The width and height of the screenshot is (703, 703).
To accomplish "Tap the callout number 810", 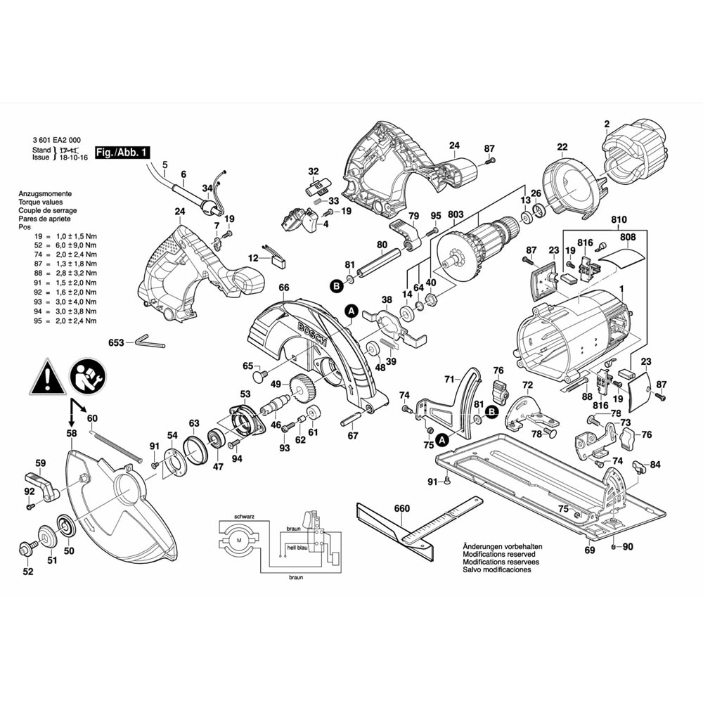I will click(x=619, y=220).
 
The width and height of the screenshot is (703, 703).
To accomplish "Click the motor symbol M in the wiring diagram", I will click(x=238, y=541).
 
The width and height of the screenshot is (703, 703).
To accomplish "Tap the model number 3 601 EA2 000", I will click(x=60, y=140).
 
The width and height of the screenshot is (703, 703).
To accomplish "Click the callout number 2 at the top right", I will click(x=606, y=125).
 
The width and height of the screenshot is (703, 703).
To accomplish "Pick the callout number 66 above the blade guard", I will click(x=283, y=288).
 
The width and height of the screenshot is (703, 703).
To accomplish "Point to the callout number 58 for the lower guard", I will click(x=72, y=434).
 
